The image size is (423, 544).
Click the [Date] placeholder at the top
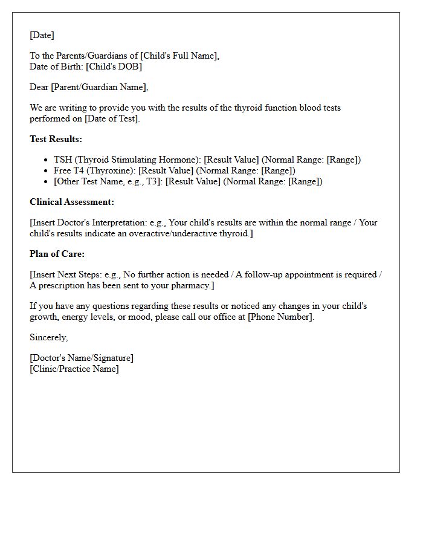(42, 35)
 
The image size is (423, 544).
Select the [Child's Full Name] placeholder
(179, 56)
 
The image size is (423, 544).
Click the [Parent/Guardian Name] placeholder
(99, 87)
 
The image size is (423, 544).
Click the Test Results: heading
(56, 139)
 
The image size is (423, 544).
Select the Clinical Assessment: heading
(72, 202)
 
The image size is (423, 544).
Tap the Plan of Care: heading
(57, 254)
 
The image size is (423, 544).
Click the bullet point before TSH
(47, 160)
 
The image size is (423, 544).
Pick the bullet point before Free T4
(47, 171)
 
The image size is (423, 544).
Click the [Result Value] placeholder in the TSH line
(231, 160)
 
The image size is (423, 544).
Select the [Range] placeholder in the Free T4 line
(276, 170)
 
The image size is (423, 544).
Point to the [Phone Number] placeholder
(280, 317)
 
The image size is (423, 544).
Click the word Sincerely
(48, 337)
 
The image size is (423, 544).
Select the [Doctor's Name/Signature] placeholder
(82, 358)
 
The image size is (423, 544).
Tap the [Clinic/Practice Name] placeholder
(74, 369)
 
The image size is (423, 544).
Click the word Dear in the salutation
(39, 87)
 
